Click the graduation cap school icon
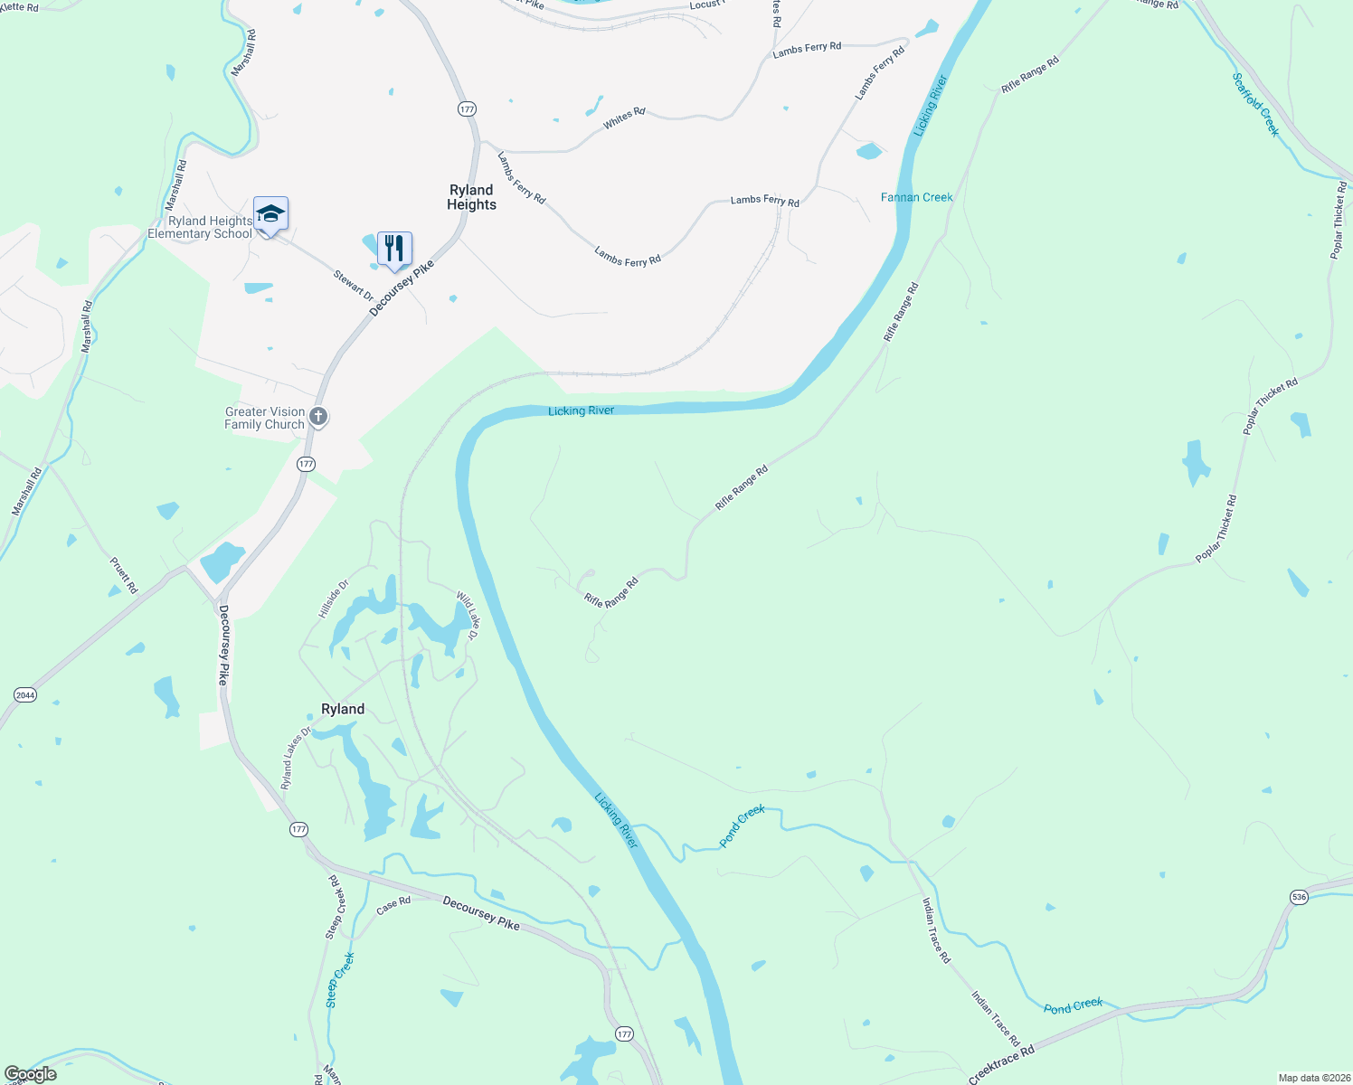[x=270, y=214]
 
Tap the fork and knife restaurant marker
[x=394, y=249]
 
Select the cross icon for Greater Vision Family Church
[x=318, y=417]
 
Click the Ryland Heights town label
[x=471, y=197]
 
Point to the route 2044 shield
[x=25, y=694]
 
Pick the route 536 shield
[x=1299, y=897]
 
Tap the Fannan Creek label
[x=916, y=197]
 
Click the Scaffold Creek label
[x=1256, y=105]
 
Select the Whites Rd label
[x=624, y=118]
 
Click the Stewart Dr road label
[x=353, y=286]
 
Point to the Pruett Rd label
[x=124, y=575]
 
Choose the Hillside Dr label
[x=333, y=599]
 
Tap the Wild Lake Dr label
[x=468, y=615]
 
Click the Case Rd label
[x=393, y=905]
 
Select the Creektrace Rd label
[x=1000, y=1065]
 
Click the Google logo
[x=31, y=1074]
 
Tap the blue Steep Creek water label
[x=340, y=979]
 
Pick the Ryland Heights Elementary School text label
[x=201, y=227]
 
